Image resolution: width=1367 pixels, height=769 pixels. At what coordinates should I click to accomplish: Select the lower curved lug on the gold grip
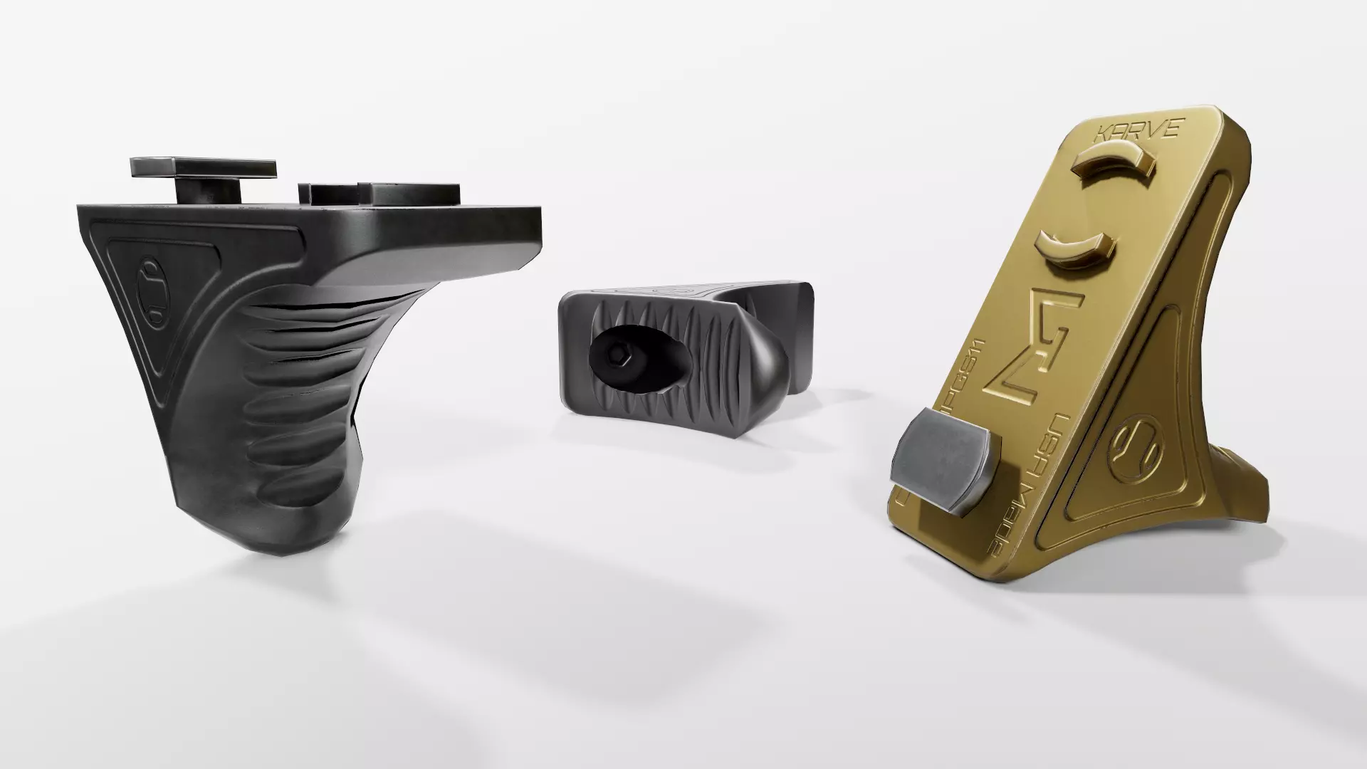coord(1072,250)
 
